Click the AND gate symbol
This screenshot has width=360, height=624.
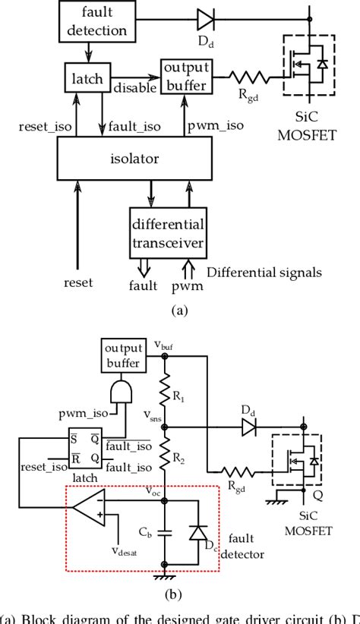[123, 392]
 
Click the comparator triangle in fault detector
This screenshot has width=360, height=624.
[95, 509]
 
